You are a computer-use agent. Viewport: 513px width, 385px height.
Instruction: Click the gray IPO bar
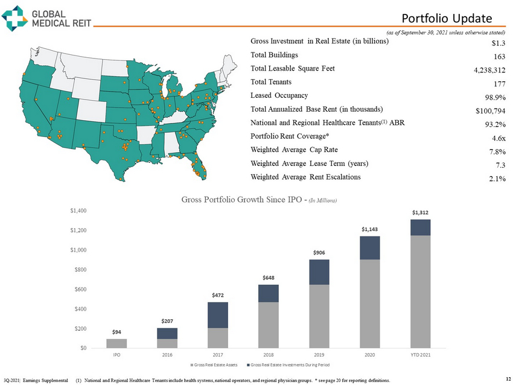click(116, 343)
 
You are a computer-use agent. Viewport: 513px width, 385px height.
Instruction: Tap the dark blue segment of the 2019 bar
click(319, 272)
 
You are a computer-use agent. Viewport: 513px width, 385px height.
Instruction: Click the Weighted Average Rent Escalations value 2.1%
click(495, 178)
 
